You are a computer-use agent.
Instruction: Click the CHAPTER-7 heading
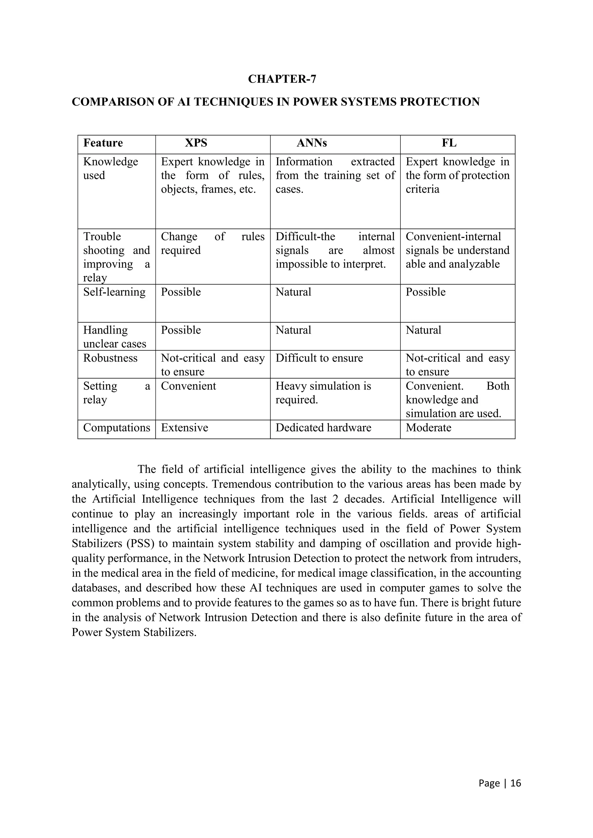click(282, 79)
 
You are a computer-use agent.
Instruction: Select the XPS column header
click(196, 143)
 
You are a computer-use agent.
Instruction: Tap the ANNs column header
click(312, 143)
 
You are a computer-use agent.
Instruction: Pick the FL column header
click(449, 143)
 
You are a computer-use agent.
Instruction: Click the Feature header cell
click(103, 143)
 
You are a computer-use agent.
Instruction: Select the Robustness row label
click(110, 358)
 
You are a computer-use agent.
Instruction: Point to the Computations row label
click(116, 428)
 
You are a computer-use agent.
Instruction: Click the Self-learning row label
click(114, 292)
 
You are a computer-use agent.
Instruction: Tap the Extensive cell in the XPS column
click(184, 428)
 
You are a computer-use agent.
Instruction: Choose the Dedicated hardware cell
click(323, 428)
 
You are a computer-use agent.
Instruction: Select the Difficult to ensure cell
click(319, 358)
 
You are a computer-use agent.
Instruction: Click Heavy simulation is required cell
click(323, 393)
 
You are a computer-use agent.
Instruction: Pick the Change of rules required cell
click(213, 243)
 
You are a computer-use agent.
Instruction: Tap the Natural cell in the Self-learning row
click(293, 292)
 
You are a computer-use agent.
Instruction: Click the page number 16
click(516, 783)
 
